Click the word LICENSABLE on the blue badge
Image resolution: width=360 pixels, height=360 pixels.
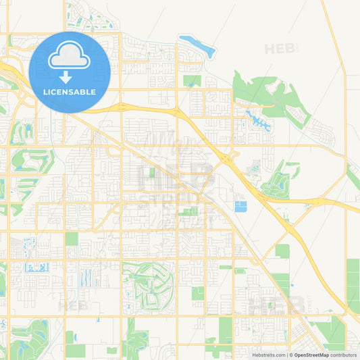(70, 91)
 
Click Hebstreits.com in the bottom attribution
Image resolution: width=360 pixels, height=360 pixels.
(269, 355)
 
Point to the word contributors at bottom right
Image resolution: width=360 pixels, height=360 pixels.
(344, 355)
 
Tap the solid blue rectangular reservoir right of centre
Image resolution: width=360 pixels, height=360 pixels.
(240, 206)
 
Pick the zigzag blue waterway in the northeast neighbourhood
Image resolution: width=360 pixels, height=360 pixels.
(257, 120)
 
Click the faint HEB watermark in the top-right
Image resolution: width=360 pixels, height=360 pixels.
(281, 49)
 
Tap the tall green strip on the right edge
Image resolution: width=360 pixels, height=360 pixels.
(353, 284)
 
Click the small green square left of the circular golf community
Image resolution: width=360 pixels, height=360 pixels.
(72, 239)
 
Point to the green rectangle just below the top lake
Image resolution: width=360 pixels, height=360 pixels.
(192, 80)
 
